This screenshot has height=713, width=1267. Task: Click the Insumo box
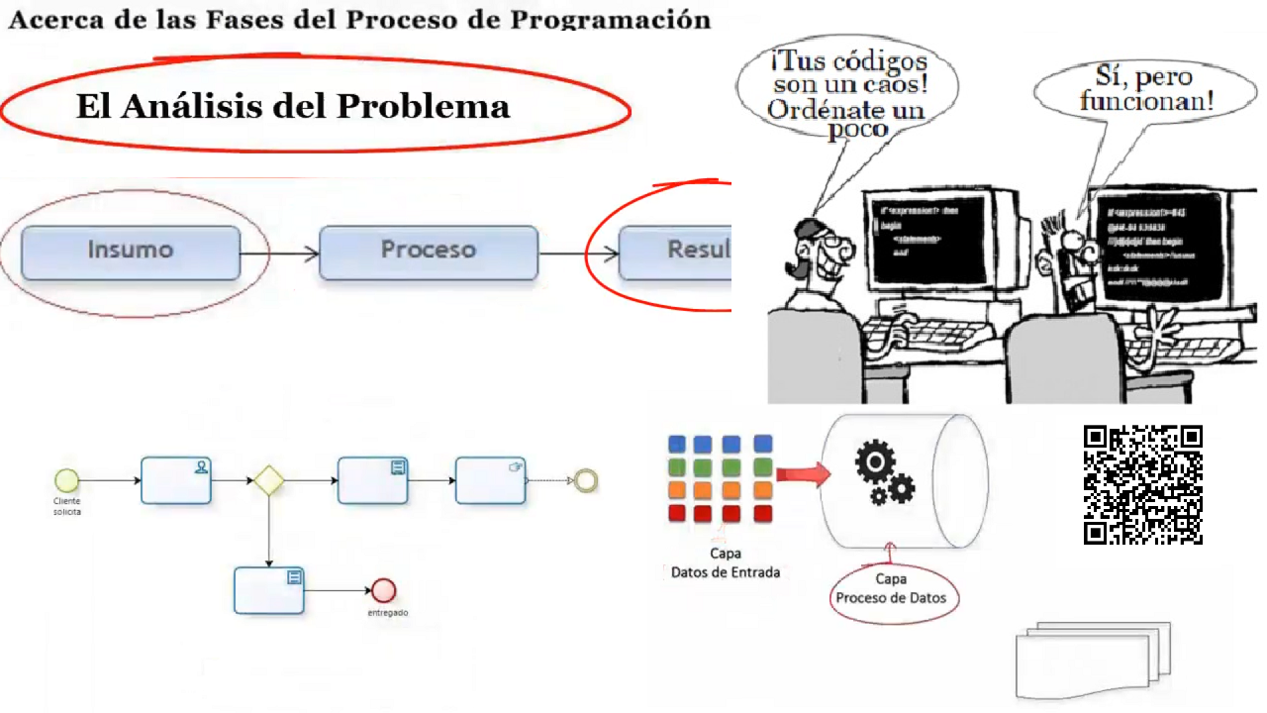tap(131, 252)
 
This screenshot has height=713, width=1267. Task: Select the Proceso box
tap(429, 252)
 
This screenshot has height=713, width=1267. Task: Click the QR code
tap(1143, 484)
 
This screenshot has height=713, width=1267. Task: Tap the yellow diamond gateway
tap(268, 480)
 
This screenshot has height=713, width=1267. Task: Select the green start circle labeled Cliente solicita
tap(66, 480)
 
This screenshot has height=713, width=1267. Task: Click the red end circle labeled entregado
tap(383, 591)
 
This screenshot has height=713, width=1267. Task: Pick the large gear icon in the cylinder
tap(875, 461)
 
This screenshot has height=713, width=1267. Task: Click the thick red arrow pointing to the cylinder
tap(802, 476)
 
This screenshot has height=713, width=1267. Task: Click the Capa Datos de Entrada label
tap(726, 562)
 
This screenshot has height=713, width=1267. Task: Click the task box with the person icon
tap(176, 480)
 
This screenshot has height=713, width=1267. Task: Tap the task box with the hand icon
tap(490, 480)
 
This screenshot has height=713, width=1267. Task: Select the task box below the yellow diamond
tap(269, 590)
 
